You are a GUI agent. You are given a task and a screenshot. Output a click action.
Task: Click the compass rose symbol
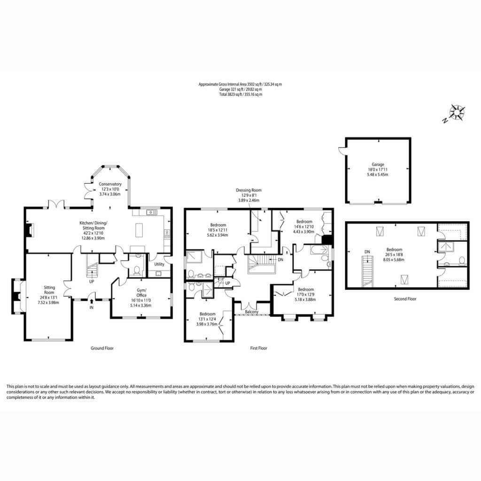[457, 112]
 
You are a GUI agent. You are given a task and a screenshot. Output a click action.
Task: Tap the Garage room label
[378, 164]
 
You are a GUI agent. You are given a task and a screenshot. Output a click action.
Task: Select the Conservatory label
[110, 184]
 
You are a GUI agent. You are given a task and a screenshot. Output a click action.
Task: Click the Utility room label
[159, 264]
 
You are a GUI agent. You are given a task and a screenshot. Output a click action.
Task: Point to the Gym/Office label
[141, 293]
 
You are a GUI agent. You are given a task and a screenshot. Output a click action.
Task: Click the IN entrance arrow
[92, 302]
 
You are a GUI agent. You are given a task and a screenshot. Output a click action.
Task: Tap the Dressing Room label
[248, 190]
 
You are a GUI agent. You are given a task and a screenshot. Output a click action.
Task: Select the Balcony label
[252, 312]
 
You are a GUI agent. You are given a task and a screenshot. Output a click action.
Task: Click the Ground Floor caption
[102, 348]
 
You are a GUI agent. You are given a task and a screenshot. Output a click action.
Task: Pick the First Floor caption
[259, 348]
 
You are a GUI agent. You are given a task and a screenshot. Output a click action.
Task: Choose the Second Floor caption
[405, 299]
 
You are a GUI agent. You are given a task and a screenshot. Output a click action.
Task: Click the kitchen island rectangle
[139, 230]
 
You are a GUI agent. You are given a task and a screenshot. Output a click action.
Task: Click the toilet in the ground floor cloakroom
[137, 270]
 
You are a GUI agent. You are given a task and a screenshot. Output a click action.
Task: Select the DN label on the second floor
[367, 252]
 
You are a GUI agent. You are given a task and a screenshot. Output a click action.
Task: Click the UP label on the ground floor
[92, 282]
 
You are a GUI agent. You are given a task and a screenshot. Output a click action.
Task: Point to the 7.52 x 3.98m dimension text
[48, 303]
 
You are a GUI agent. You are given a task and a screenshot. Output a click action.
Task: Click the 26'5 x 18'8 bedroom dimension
[394, 255]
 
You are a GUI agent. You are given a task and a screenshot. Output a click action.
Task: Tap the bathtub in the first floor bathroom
[318, 250]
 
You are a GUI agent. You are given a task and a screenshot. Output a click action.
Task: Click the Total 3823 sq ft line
[240, 94]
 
